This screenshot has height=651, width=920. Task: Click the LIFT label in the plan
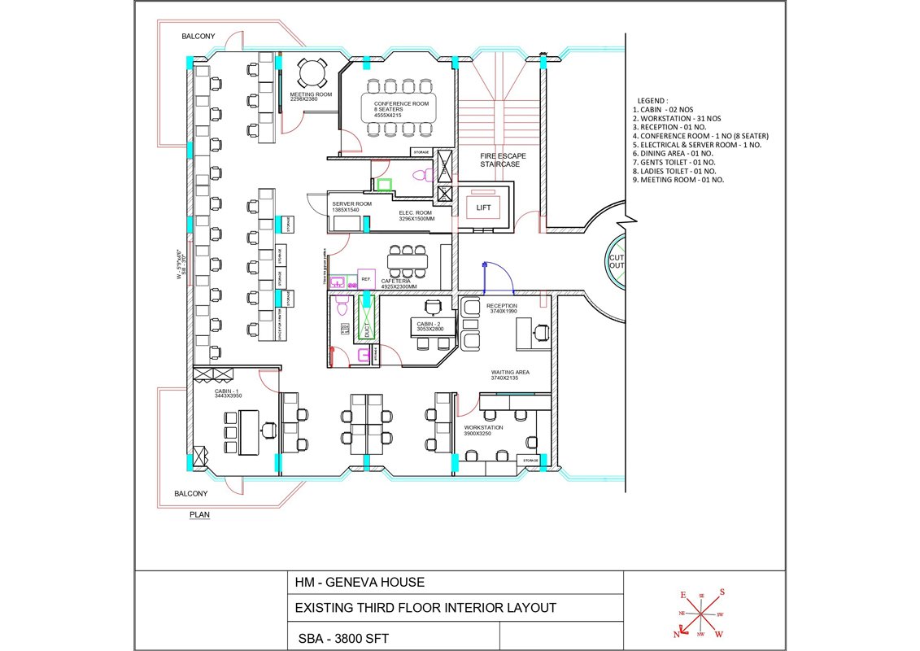483,208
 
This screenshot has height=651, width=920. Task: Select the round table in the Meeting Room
311,75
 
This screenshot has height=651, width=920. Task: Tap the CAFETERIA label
399,282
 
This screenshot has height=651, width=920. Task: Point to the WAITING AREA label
509,375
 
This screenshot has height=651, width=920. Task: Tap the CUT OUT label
617,260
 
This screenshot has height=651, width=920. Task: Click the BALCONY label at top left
198,36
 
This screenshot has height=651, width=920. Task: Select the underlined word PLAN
199,514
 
